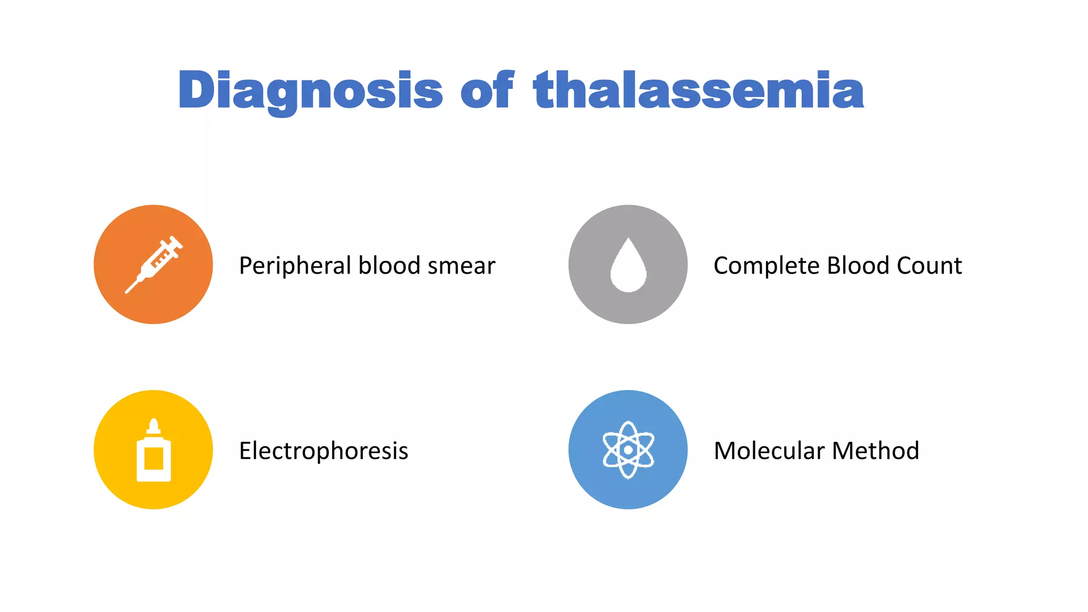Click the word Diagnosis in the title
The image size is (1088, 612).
click(310, 90)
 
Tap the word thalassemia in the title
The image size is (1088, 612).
click(699, 90)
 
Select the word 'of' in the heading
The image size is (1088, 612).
click(487, 90)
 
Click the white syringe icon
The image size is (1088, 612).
click(154, 264)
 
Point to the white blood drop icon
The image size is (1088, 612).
click(628, 266)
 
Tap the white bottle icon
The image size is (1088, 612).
click(154, 450)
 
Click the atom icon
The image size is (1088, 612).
click(628, 450)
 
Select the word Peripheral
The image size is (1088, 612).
click(295, 266)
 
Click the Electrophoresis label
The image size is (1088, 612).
click(324, 451)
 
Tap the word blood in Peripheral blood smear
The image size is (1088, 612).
click(390, 266)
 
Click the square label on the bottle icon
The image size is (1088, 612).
click(154, 458)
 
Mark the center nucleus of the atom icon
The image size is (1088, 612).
click(628, 450)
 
